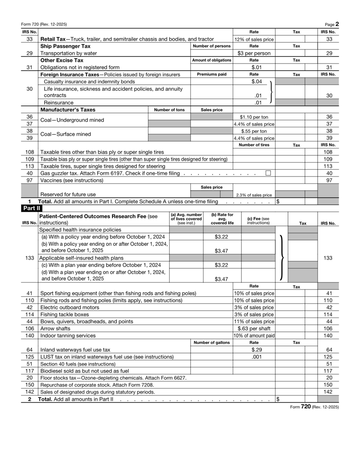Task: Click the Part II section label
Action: coord(30,208)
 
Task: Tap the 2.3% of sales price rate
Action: coord(254,195)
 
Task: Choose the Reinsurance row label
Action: coord(58,102)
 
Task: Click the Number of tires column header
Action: coord(254,145)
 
